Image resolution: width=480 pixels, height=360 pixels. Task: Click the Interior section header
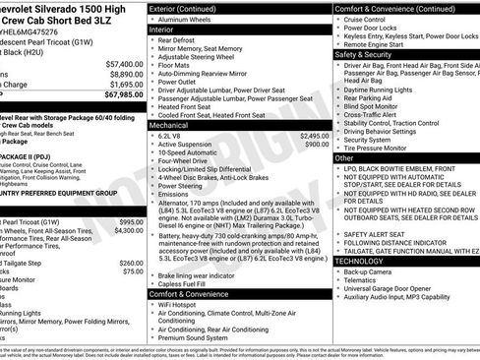[x=168, y=30]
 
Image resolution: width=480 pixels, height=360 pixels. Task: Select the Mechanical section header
[x=174, y=126]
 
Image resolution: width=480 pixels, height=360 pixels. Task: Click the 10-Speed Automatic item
[x=193, y=153]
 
